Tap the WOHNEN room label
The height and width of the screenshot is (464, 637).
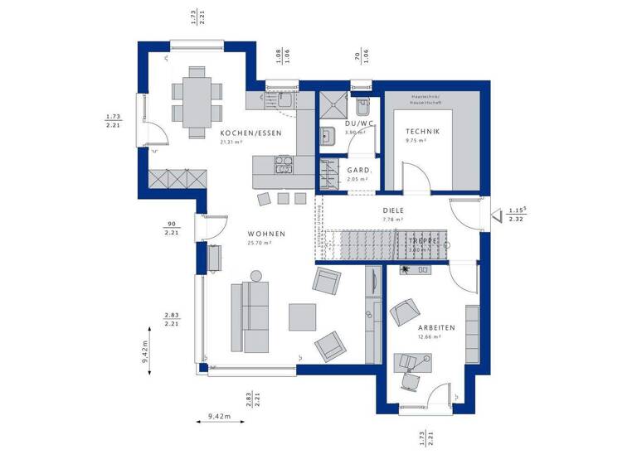tap(266, 234)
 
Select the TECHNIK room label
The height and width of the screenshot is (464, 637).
tap(422, 132)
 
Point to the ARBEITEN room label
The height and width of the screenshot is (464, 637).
tap(435, 328)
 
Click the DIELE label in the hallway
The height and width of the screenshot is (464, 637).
tap(392, 210)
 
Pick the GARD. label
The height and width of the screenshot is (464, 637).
tap(358, 170)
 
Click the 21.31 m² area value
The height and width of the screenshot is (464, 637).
tap(231, 143)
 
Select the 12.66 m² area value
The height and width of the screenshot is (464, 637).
tap(435, 337)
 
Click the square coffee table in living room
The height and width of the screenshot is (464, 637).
tap(302, 318)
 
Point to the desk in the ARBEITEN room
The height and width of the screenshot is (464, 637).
tap(410, 361)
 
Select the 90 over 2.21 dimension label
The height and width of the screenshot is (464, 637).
tap(173, 230)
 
